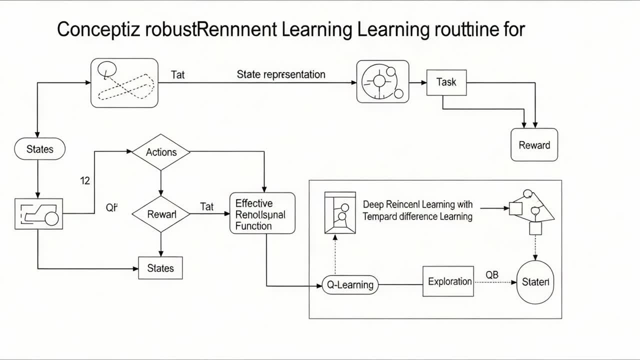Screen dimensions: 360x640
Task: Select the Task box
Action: coord(446,82)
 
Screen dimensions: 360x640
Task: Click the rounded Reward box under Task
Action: coord(534,145)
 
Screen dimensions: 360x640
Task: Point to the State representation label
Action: coord(281,74)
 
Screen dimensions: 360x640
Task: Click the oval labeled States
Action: coord(39,149)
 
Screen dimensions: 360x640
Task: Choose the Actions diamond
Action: coord(161,152)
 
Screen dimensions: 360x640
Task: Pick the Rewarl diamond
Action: coord(161,214)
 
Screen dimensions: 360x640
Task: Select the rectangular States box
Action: coord(160,268)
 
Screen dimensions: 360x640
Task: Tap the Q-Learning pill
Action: coord(350,284)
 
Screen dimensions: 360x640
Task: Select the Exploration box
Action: coord(448,281)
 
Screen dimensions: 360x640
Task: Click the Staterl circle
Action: coord(535,282)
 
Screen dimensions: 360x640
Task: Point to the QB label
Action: coord(492,275)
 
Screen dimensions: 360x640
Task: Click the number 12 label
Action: coord(85,180)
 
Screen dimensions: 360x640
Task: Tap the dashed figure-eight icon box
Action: coord(124,82)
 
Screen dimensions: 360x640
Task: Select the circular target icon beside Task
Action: coord(382,81)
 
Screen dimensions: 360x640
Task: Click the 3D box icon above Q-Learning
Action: coord(340,212)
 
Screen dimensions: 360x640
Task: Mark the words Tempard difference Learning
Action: coord(417,216)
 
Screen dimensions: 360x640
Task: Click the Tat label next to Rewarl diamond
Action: coord(206,206)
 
